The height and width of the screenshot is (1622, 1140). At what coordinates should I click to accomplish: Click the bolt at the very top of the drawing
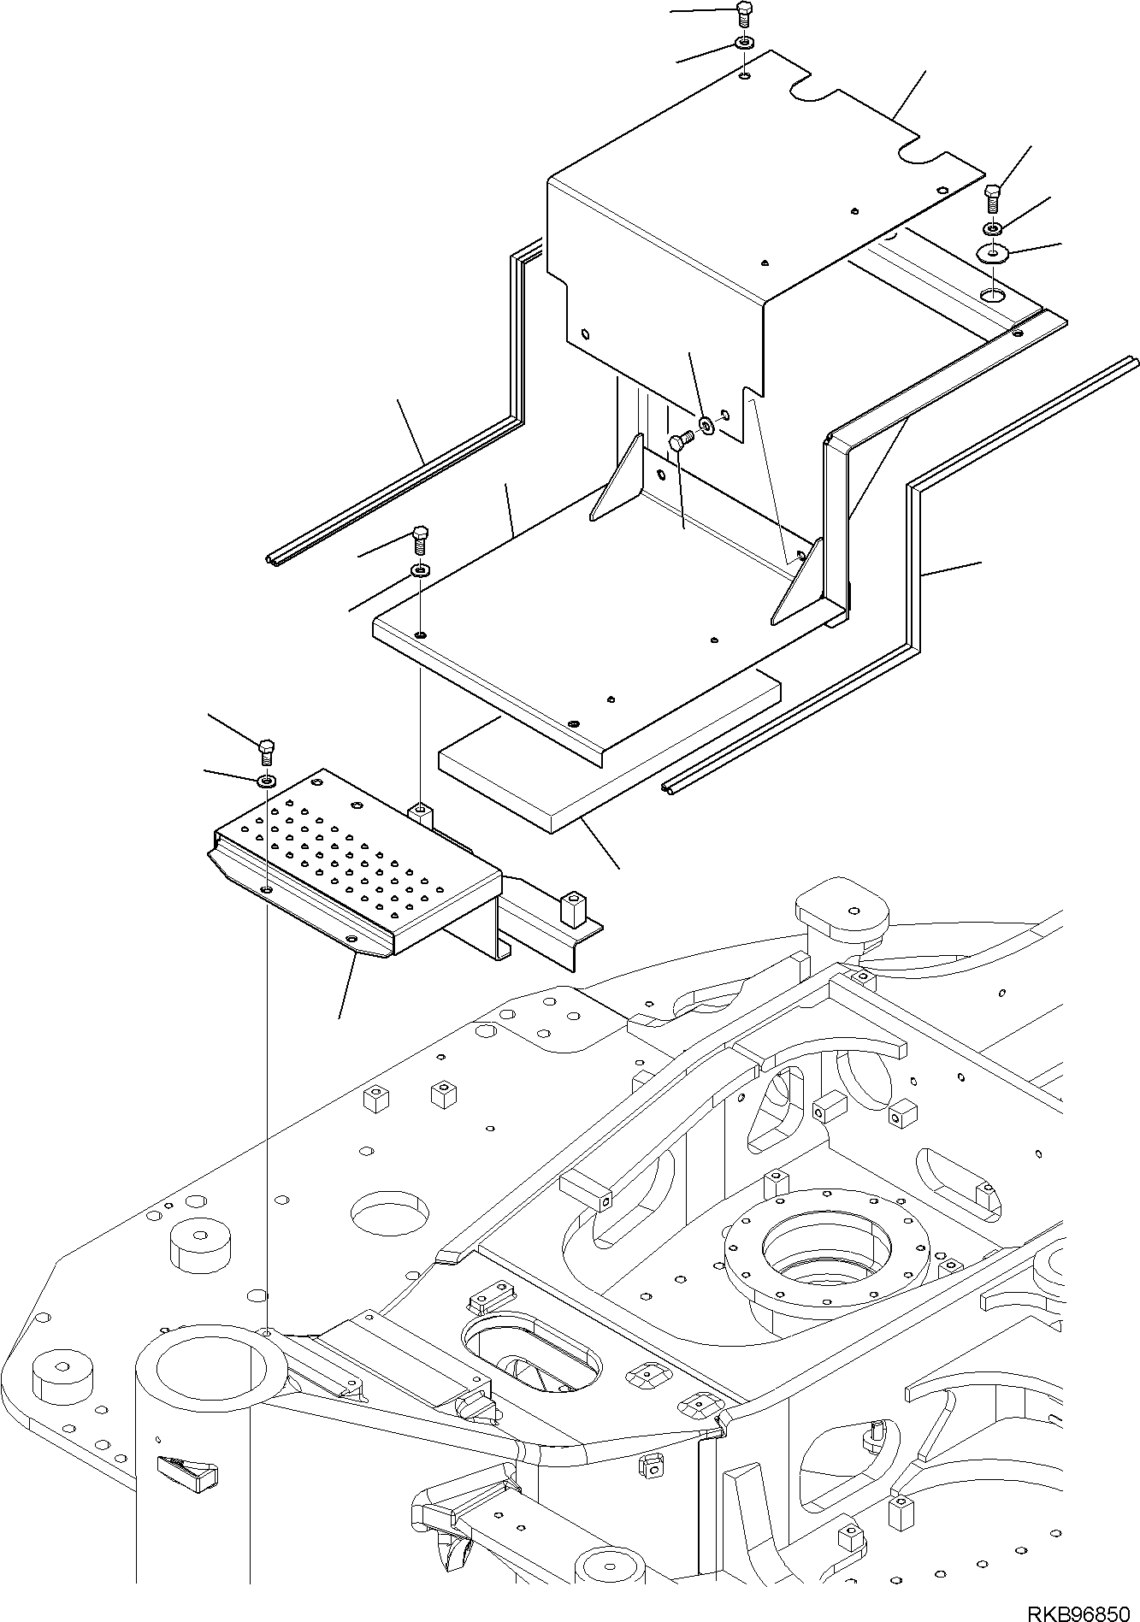pos(743,14)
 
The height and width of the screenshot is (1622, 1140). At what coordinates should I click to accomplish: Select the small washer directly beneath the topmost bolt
pos(744,44)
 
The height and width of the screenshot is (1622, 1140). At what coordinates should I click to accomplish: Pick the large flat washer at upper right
pos(993,253)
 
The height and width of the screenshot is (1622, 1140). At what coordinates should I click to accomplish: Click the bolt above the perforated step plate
pos(266,750)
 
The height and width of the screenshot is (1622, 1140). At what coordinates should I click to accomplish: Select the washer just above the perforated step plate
pos(268,780)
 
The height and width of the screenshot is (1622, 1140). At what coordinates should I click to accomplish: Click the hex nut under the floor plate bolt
pos(421,569)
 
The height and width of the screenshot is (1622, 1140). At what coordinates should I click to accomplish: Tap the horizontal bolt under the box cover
pos(679,442)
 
